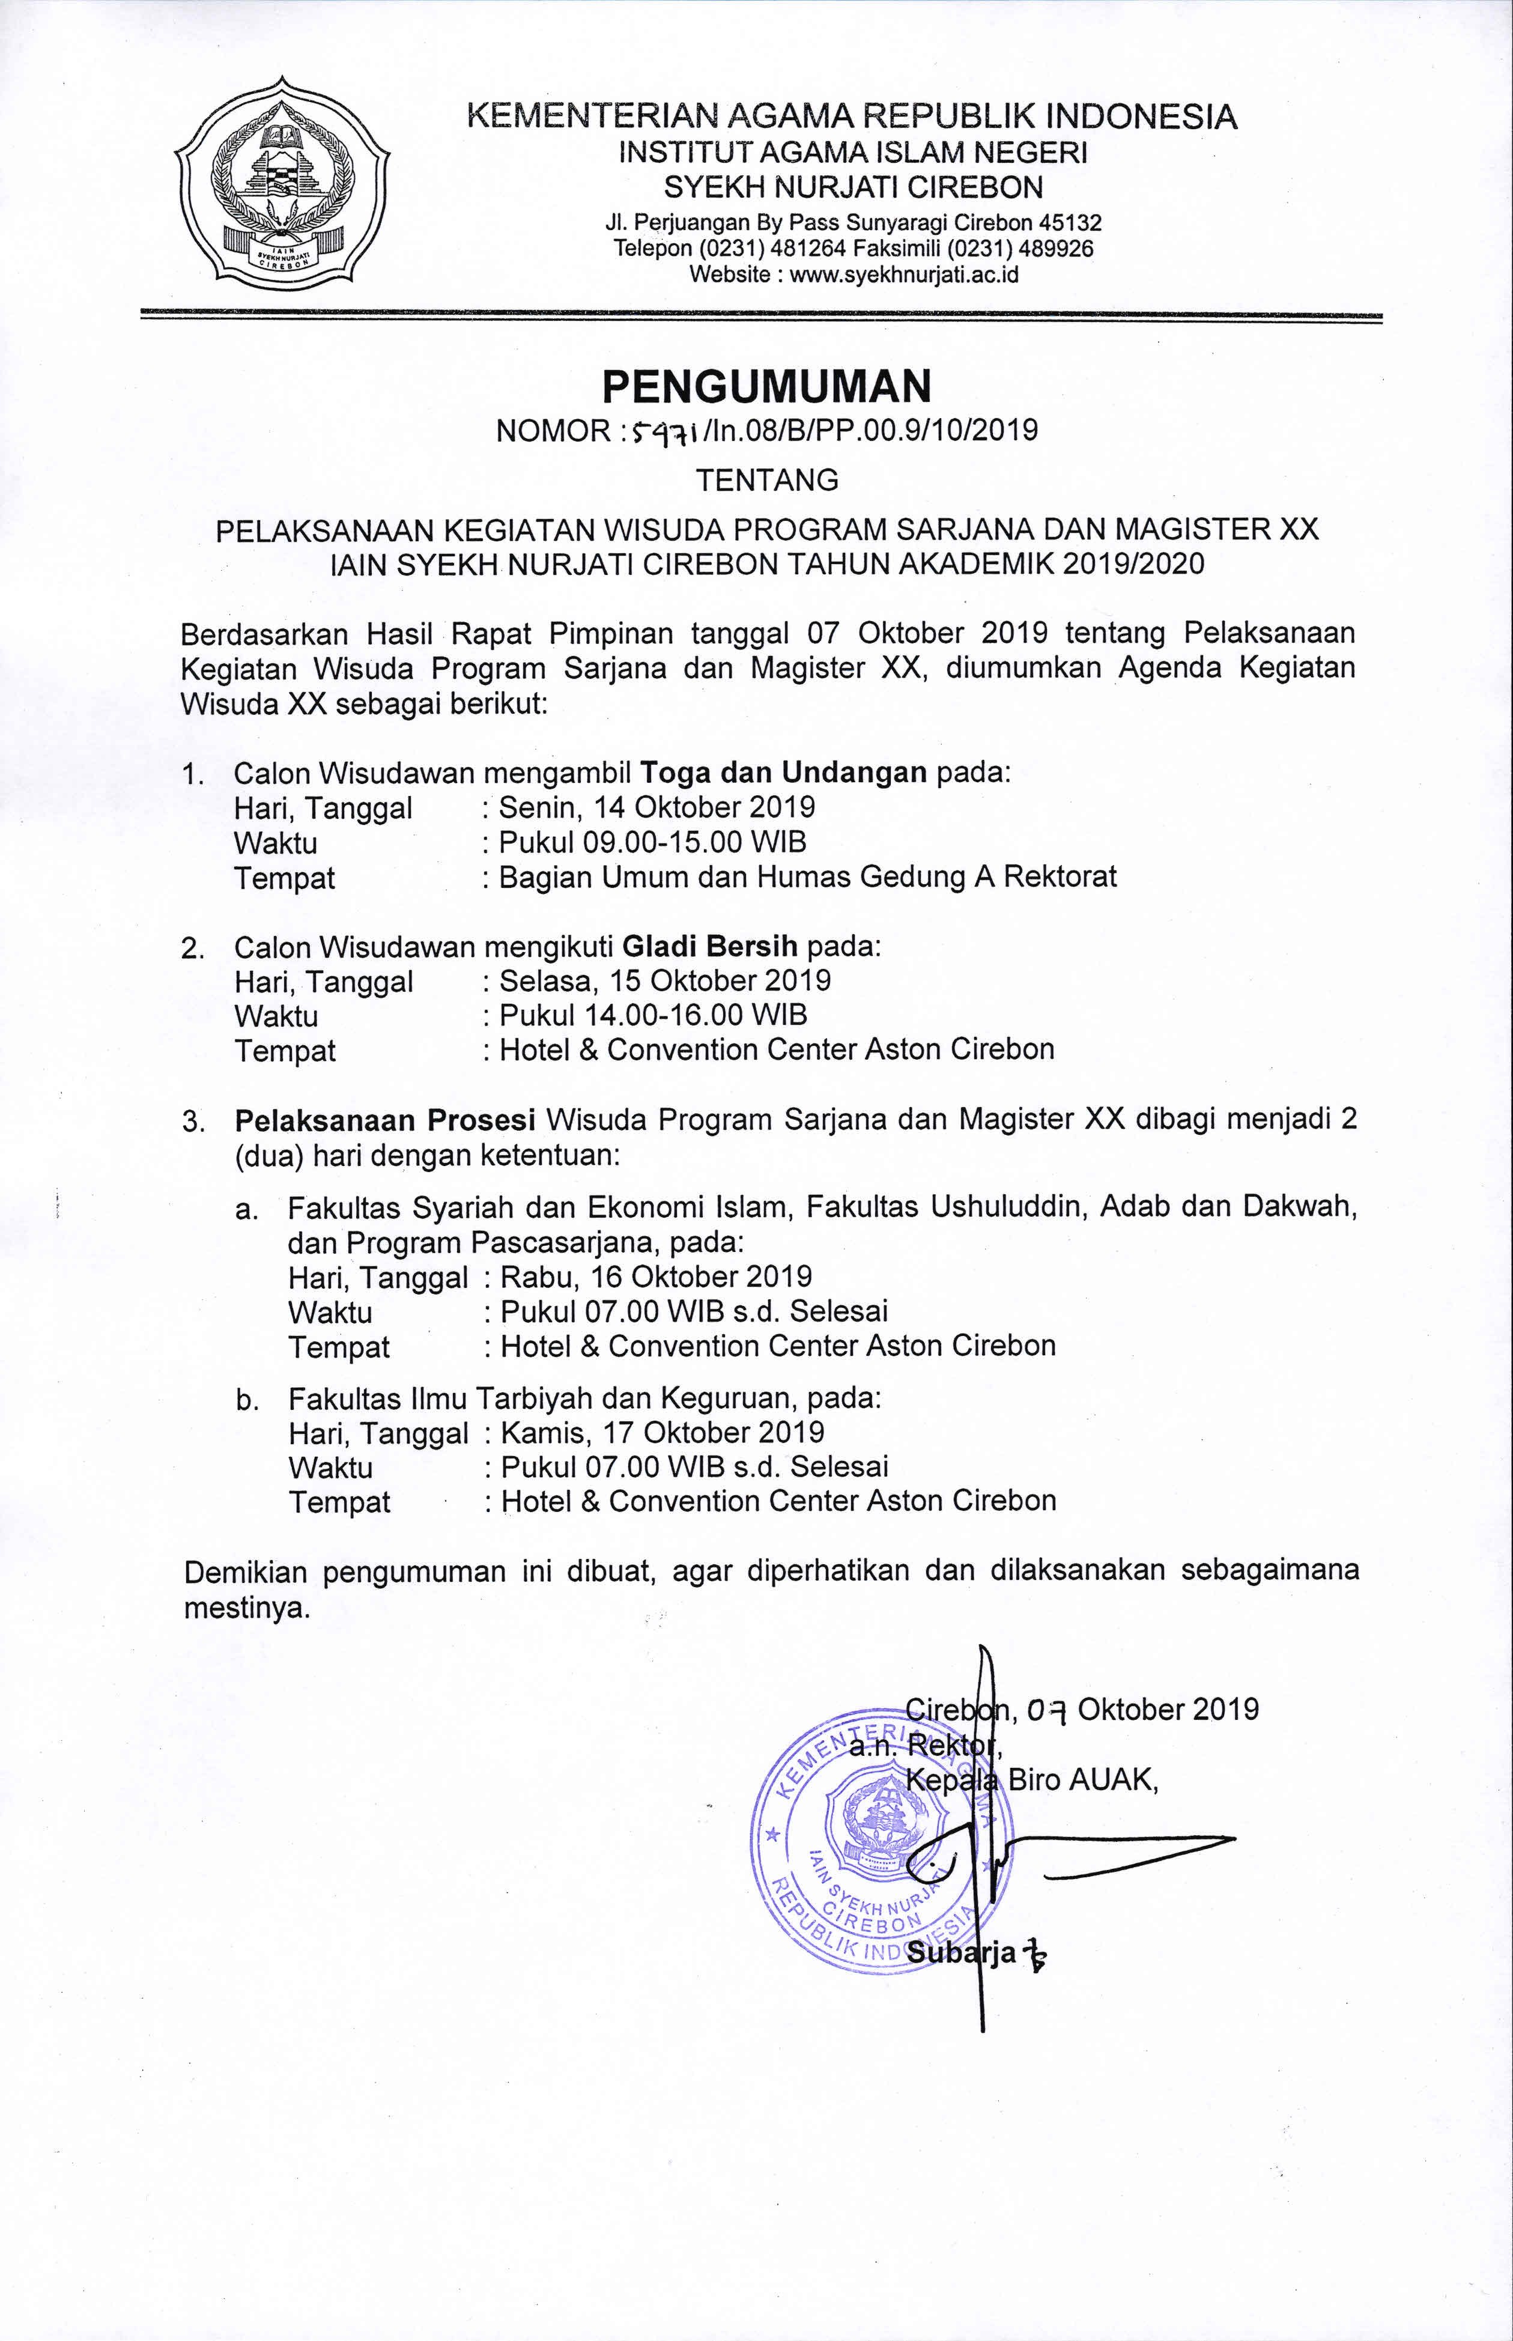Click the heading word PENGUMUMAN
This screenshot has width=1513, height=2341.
[x=766, y=387]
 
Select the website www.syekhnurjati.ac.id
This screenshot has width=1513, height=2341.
[x=904, y=274]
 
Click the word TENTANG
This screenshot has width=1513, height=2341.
[x=766, y=481]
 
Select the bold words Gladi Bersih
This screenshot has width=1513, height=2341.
[x=711, y=946]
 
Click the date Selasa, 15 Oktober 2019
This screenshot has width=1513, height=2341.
[x=664, y=980]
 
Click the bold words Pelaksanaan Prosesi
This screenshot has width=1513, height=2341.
[x=384, y=1120]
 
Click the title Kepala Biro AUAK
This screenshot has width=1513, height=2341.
[x=1032, y=1779]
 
